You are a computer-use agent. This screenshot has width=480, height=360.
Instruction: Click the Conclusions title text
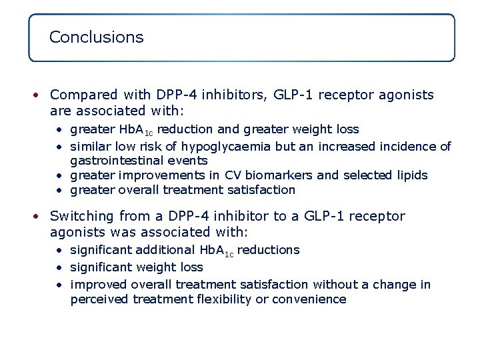96,37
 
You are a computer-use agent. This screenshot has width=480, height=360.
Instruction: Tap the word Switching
82,216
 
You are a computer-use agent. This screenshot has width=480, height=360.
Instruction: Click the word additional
165,250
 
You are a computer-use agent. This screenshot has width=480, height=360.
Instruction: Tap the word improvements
161,175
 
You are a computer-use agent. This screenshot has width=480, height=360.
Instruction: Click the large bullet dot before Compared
39,95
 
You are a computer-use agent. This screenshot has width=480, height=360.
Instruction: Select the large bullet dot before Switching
39,217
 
